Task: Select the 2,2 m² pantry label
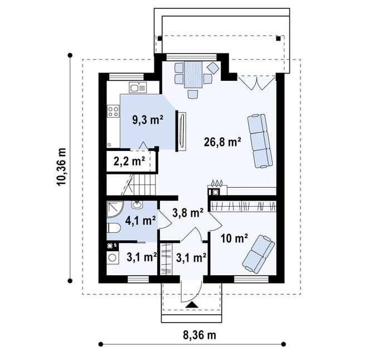(129, 163)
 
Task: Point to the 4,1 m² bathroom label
(140, 220)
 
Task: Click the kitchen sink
(138, 87)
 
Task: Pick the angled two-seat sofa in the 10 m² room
(258, 252)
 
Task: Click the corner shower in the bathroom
(114, 209)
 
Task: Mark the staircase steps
(142, 183)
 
